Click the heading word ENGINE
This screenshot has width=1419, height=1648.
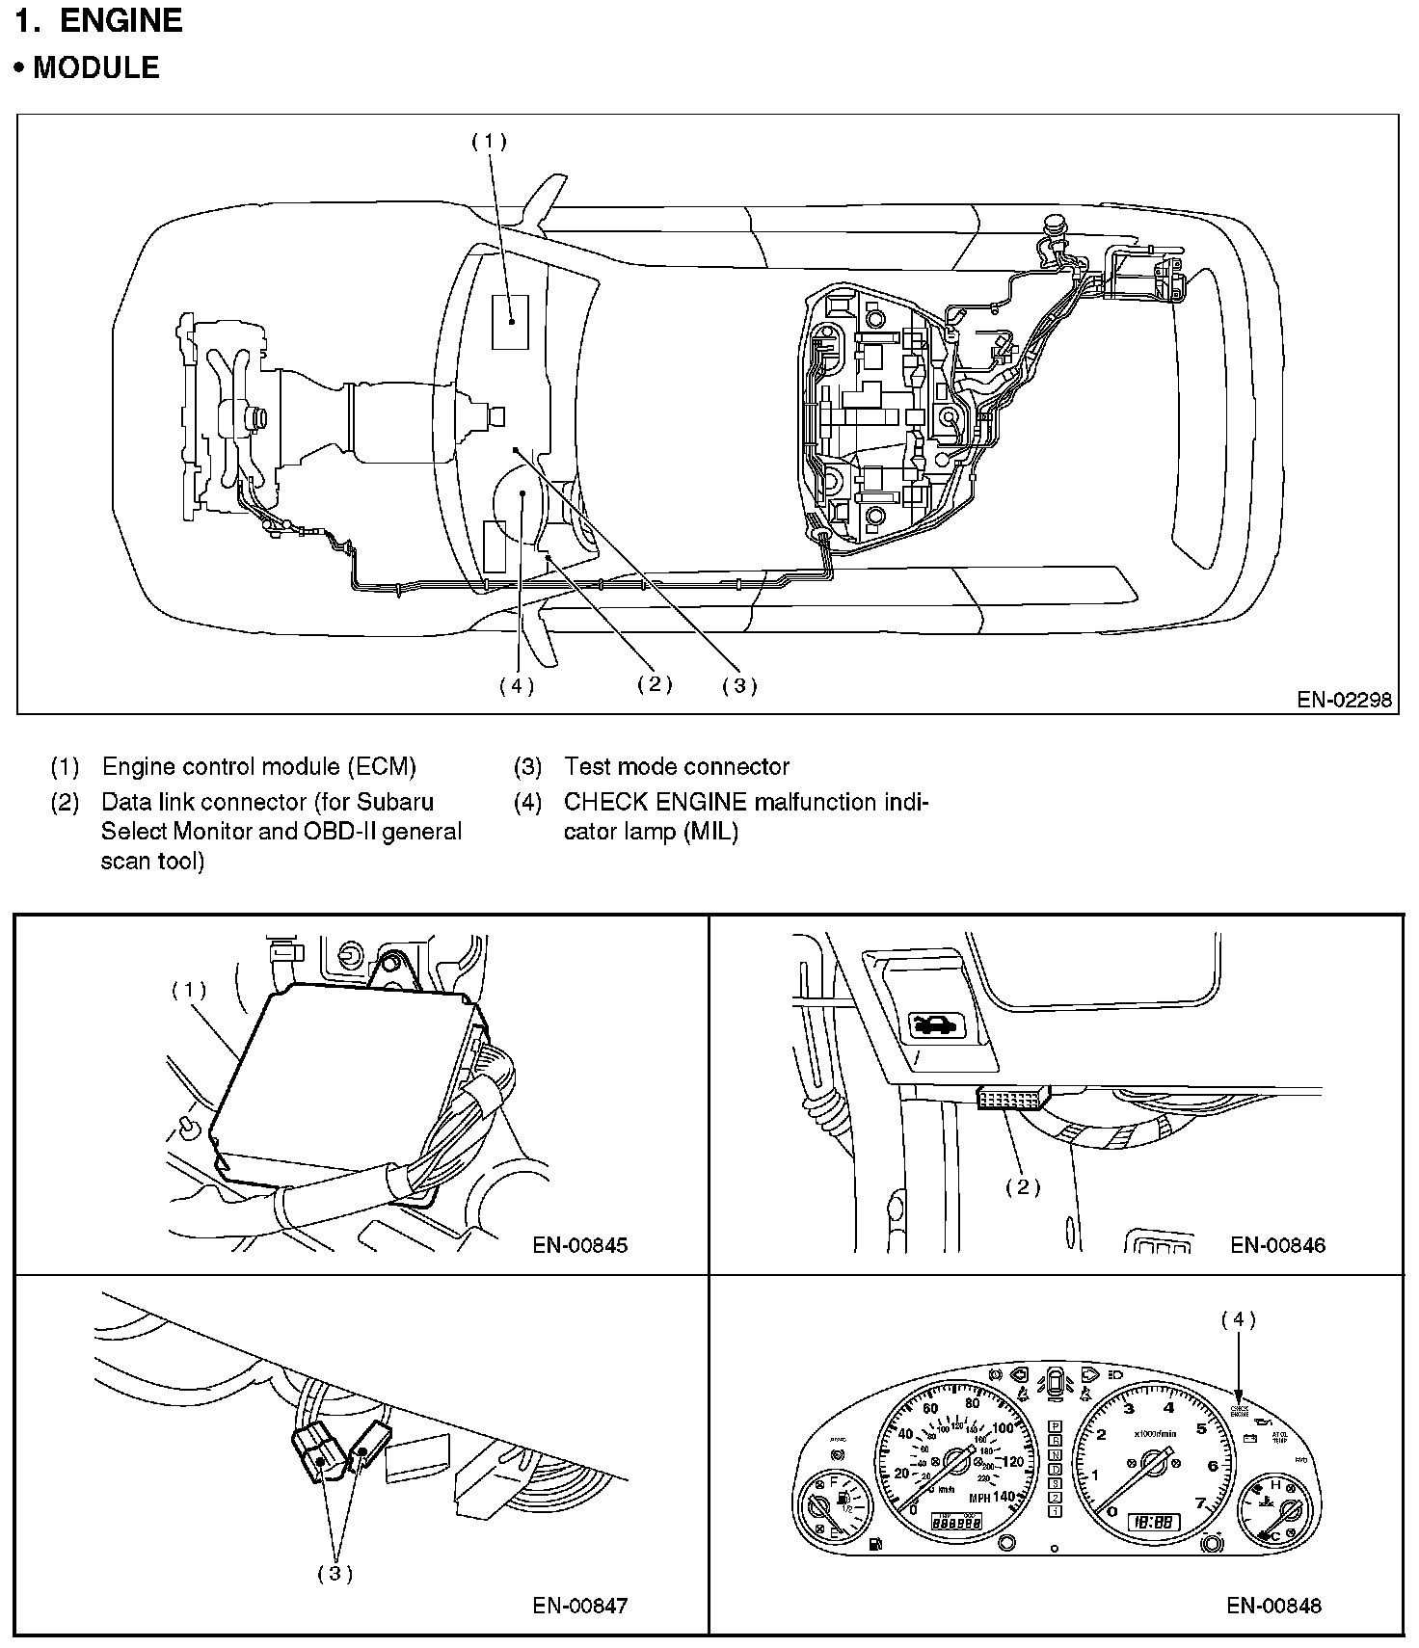pos(120,21)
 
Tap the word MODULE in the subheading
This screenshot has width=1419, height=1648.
pos(96,67)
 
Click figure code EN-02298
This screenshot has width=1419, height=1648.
pos(1344,700)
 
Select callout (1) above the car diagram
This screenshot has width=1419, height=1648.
pos(489,141)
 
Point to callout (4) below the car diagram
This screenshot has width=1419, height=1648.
pos(517,685)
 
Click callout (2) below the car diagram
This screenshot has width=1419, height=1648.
pos(655,684)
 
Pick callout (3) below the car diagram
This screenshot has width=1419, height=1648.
pos(739,685)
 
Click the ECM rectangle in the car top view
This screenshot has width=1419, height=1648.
pos(510,322)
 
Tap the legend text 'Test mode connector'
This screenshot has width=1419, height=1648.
pos(677,767)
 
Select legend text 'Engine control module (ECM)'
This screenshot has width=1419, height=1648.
pos(259,767)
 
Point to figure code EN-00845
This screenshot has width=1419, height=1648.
pos(580,1245)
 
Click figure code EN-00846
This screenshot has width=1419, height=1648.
pos(1277,1245)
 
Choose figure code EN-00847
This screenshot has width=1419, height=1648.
pos(580,1605)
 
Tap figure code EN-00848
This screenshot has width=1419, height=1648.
pos(1274,1605)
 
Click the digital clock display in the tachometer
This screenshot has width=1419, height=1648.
pos(1153,1523)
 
